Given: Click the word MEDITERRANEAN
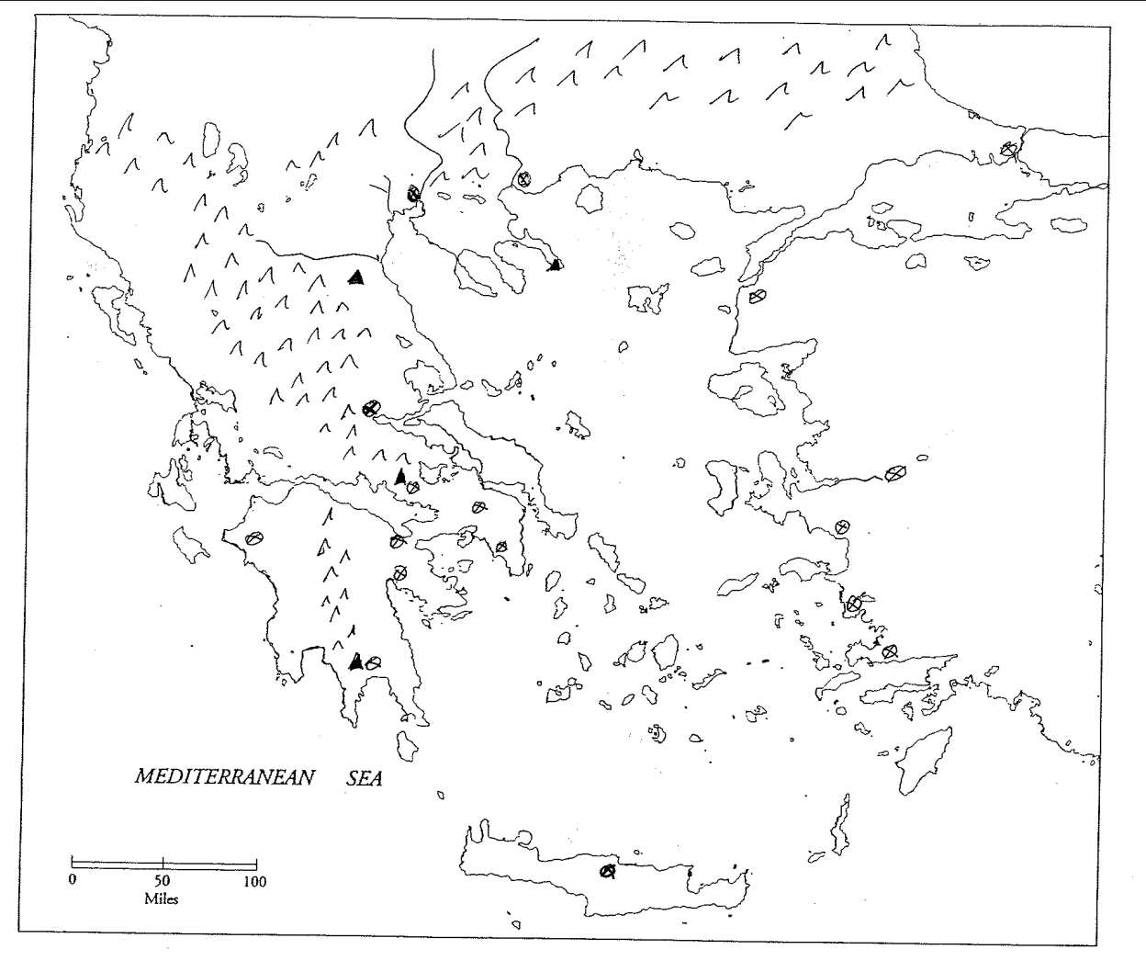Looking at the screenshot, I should pos(224,777).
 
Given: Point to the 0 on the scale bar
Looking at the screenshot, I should pos(72,881).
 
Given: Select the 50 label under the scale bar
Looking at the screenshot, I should pos(163,881).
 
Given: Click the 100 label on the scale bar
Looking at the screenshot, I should pos(254,882).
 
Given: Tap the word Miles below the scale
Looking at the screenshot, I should pos(162,898).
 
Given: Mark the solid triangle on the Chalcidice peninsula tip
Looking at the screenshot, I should pos(554,266).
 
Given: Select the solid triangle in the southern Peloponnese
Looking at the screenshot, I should pos(356,661).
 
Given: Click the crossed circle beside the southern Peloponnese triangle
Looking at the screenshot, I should pos(373,661).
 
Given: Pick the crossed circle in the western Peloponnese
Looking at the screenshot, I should pos(254,538).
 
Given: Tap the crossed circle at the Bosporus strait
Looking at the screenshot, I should pos(1009,149).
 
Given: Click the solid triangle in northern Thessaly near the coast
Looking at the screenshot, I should pos(357,277).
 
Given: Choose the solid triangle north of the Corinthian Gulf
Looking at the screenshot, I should pos(399,476).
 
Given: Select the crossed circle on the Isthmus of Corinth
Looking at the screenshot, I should pos(397,542).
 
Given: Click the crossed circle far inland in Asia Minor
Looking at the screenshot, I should pos(895,472).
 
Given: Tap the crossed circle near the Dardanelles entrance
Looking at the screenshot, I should pos(757,297).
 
